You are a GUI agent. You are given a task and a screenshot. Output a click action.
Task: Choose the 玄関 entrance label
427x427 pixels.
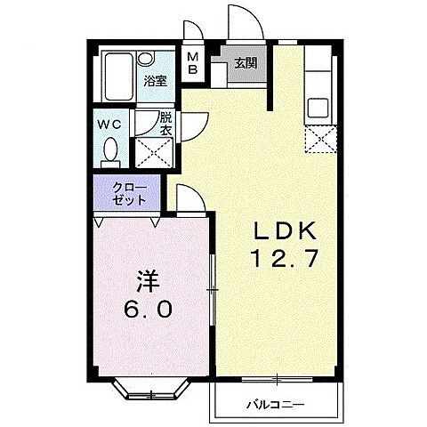(x=245, y=63)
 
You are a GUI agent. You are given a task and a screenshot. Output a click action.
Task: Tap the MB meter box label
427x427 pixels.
(x=193, y=65)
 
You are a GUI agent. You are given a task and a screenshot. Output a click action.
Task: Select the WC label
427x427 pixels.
(x=110, y=125)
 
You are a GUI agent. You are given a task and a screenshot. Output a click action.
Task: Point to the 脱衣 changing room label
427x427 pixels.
(x=166, y=124)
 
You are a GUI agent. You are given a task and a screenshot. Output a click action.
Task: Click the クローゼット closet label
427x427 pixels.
(x=128, y=195)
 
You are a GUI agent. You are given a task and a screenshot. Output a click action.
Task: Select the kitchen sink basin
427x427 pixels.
(x=318, y=109)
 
